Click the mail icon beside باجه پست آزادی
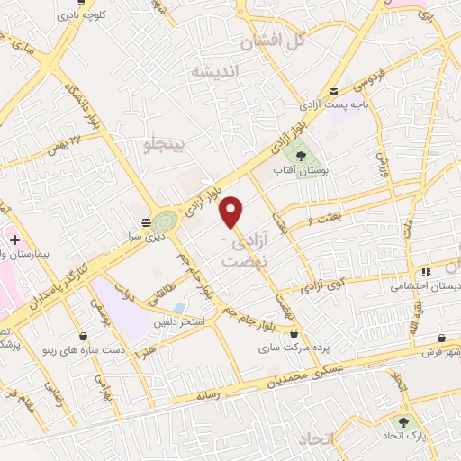pos(334,92)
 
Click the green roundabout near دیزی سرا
pos(163,221)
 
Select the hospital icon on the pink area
pos(14,240)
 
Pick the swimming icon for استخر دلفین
pos(181,308)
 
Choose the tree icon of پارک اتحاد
pos(402,420)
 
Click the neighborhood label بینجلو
pos(164,143)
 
